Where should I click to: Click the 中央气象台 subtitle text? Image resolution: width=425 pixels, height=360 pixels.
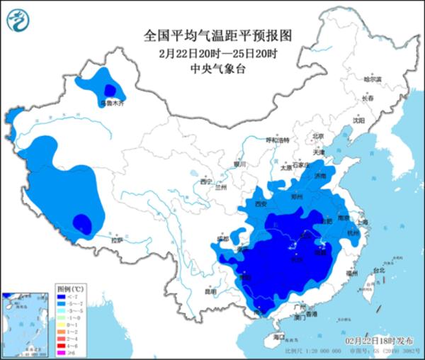click(x=212, y=68)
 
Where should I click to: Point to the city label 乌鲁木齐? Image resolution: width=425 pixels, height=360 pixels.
click(x=110, y=103)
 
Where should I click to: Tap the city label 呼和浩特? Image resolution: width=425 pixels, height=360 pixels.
click(x=278, y=140)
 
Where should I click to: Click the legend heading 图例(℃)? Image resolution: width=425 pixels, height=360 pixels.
click(x=71, y=290)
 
